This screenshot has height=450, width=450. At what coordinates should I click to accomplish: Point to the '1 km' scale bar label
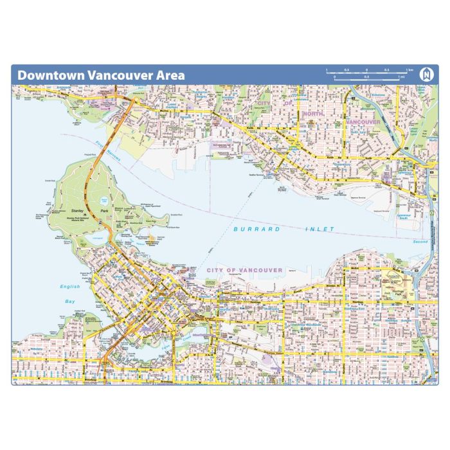pyautogui.click(x=409, y=69)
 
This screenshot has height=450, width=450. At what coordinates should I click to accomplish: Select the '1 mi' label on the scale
pyautogui.click(x=401, y=77)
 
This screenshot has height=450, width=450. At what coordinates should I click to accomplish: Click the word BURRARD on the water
pyautogui.click(x=252, y=229)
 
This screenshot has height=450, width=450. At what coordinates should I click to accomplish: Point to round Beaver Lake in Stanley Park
pyautogui.click(x=104, y=200)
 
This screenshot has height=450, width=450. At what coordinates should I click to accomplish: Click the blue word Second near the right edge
pyautogui.click(x=420, y=242)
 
